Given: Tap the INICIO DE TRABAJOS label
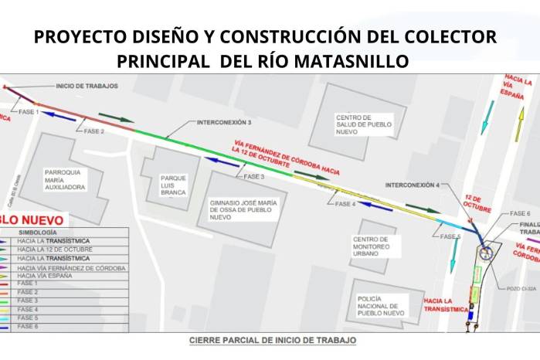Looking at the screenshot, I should tap(87, 86).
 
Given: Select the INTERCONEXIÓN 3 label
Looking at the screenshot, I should tap(224, 123).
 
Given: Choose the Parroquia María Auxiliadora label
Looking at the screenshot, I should tap(65, 178).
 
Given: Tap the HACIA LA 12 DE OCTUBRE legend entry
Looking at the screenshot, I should tap(54, 250).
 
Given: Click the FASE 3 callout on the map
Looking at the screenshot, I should tap(254, 177).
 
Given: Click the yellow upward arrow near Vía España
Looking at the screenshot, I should tap(521, 122).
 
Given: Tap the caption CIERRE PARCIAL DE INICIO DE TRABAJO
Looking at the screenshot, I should tap(273, 340).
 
